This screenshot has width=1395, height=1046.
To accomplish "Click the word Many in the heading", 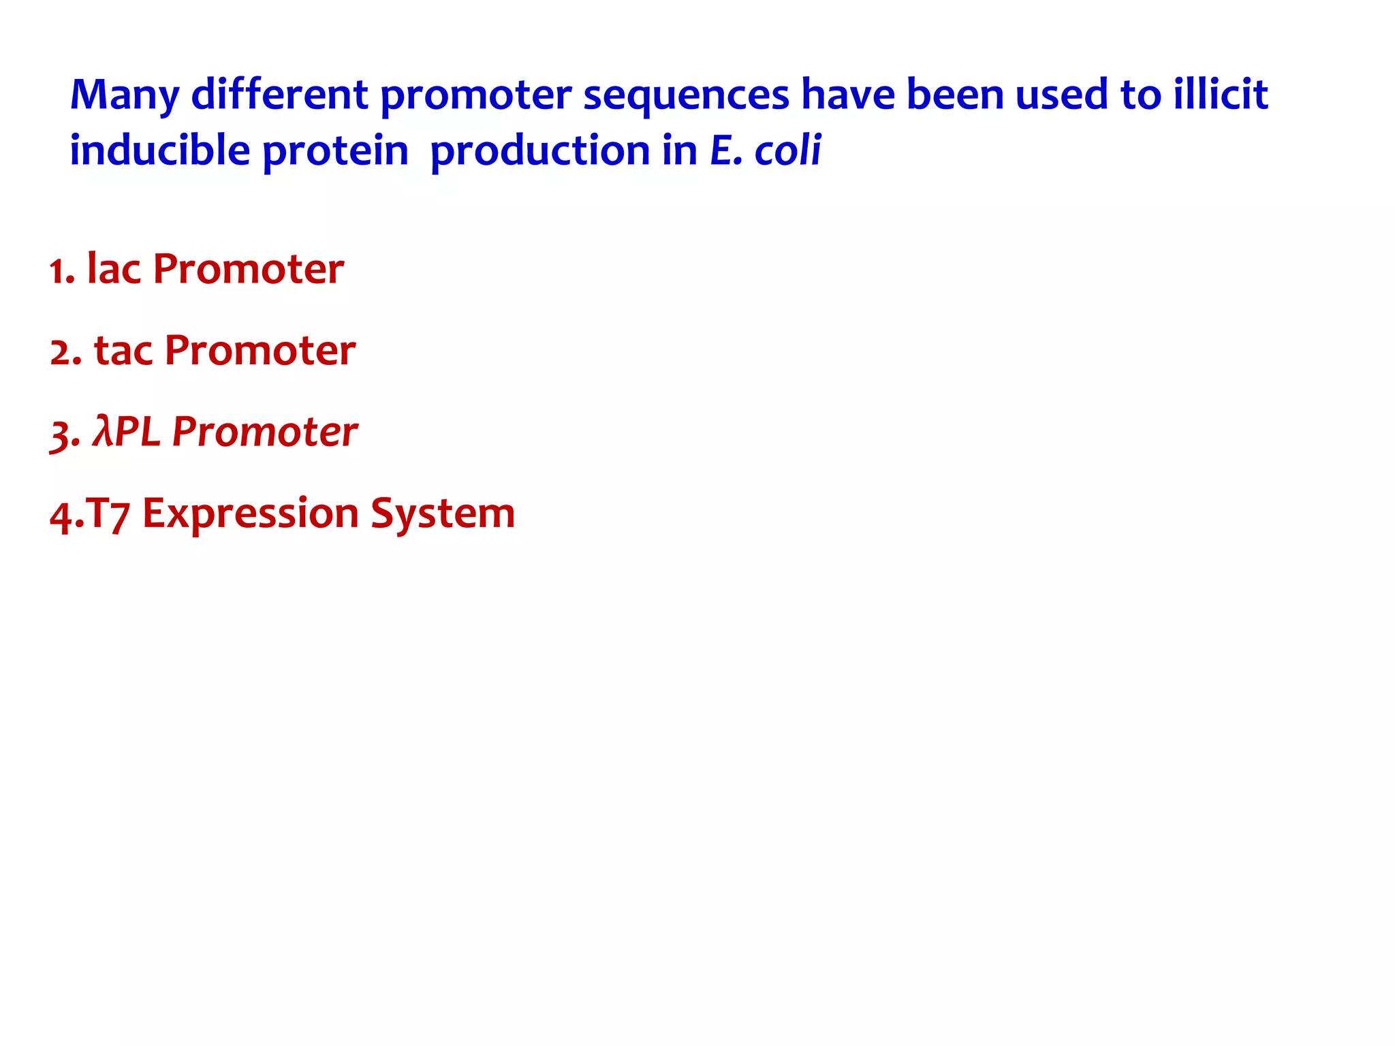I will pos(124,95).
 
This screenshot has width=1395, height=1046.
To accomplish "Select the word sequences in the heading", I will pos(686,95).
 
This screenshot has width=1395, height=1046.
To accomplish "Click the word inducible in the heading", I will pos(160,150).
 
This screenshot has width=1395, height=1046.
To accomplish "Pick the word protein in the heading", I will pos(335,152).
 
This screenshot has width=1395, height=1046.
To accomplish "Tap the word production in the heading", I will pos(540,152).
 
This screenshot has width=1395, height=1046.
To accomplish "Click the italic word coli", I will pos(787,150).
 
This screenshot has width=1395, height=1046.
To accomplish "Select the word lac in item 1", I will pos(114,269).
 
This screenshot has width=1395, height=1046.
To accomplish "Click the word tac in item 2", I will pos(123,351).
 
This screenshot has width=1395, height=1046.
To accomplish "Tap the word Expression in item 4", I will pos(250,514).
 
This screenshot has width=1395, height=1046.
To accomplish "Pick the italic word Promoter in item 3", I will pos(264,432).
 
